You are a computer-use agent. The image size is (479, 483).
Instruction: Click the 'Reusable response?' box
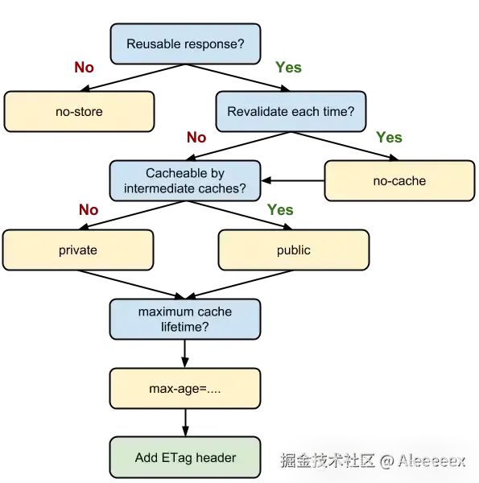point(185,43)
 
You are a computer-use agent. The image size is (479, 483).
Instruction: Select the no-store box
point(79,112)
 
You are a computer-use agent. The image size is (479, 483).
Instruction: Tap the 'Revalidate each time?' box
point(291,112)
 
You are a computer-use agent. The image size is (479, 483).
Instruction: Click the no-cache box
point(399,181)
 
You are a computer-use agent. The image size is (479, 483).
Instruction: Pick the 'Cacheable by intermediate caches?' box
point(185,181)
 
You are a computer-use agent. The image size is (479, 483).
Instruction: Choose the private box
point(78,250)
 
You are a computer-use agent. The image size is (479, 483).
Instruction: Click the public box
point(294,250)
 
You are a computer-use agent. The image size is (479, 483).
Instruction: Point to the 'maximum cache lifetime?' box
point(185,319)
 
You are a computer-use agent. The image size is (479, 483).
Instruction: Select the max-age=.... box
point(185,389)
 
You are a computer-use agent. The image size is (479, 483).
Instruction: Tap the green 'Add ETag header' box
point(185,457)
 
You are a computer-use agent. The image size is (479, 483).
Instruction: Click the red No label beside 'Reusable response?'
point(84,67)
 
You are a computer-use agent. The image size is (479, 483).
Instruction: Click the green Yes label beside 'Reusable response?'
point(288,67)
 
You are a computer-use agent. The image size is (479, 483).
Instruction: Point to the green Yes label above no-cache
point(389,137)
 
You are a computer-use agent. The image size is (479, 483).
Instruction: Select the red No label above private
point(89,210)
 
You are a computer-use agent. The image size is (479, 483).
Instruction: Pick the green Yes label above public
point(280,210)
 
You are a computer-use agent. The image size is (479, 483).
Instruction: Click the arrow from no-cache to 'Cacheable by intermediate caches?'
point(293,180)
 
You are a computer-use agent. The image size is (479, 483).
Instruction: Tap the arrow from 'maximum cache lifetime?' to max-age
point(185,353)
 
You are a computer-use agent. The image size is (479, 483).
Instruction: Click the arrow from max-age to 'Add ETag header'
point(185,423)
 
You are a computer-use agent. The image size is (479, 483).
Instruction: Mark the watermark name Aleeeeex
point(432,461)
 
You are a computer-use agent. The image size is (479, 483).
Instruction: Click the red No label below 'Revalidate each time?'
point(196,137)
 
